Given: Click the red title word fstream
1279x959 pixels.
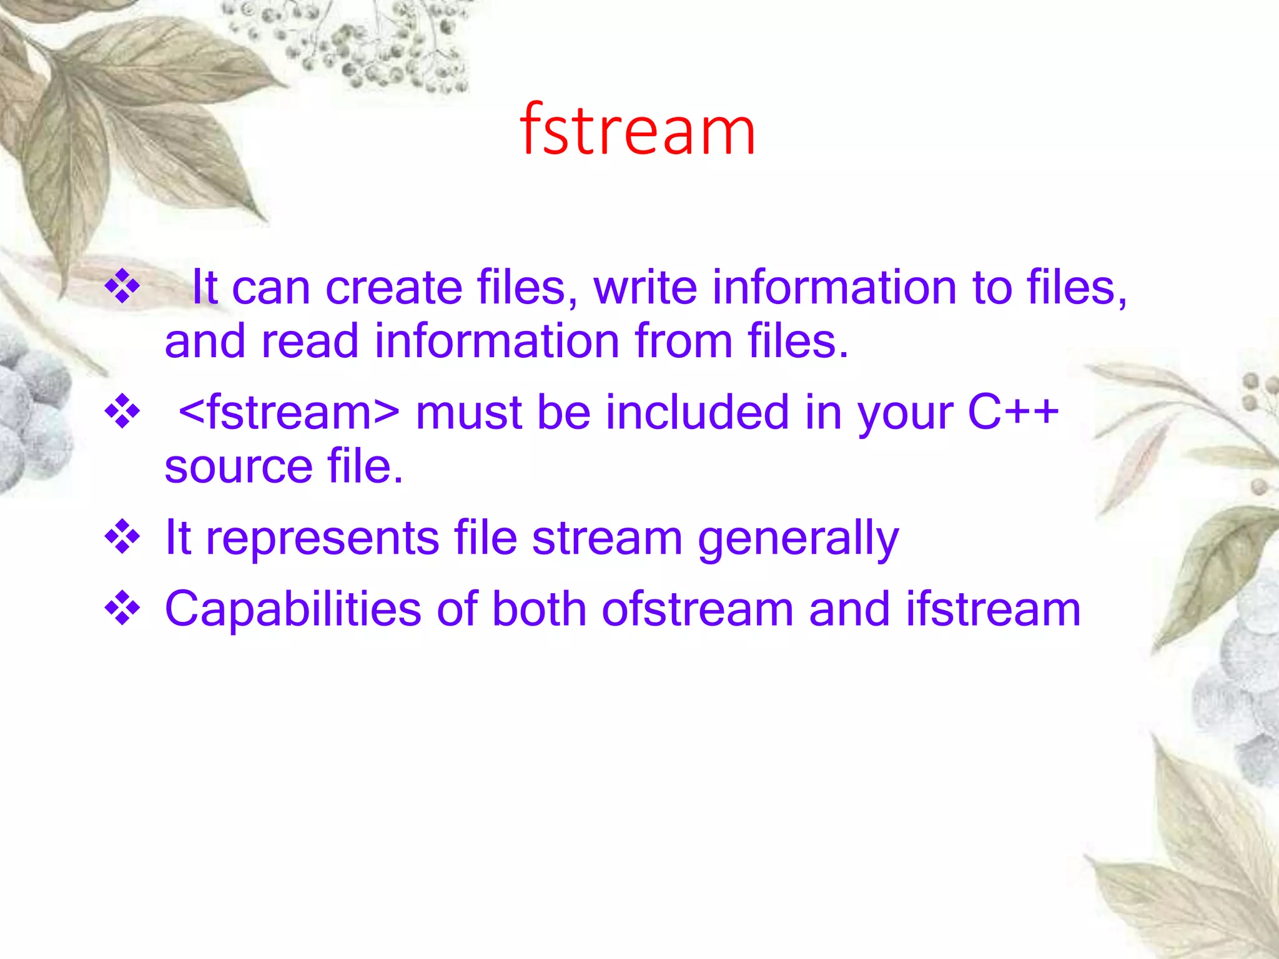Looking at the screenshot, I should tap(638, 130).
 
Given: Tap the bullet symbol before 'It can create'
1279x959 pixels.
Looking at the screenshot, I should tap(122, 287).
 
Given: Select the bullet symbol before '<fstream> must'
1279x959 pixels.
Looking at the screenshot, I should tap(122, 411).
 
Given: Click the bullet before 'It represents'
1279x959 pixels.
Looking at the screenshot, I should tap(122, 537).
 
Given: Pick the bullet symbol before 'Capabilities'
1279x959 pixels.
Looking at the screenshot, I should tap(122, 608).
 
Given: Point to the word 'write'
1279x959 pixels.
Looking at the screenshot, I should tap(644, 288).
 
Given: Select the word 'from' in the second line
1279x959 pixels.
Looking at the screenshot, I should tap(683, 342).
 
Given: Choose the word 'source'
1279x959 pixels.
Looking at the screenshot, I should tap(239, 467).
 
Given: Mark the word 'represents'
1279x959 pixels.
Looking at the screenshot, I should tap(322, 538).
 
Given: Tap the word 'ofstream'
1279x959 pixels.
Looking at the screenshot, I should tap(697, 609).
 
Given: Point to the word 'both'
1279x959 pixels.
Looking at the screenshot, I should tap(538, 609).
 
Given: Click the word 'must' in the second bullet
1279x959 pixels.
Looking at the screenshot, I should tap(468, 413).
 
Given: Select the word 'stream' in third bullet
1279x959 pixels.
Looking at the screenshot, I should tap(607, 538).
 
